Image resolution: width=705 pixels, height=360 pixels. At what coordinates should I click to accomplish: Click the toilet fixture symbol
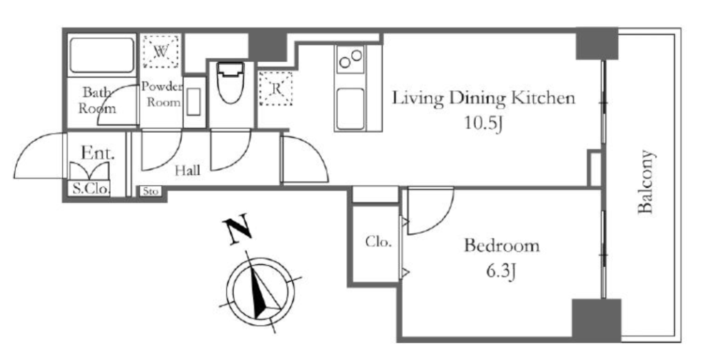pos(230,82)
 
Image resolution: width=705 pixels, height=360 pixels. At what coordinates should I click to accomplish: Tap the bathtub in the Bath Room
pos(102,55)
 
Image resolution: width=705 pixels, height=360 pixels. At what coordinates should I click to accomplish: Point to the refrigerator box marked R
pos(275,89)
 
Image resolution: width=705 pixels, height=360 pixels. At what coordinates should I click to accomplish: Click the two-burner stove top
pos(350,59)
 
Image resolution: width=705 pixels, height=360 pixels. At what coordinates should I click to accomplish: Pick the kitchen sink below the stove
pos(350,108)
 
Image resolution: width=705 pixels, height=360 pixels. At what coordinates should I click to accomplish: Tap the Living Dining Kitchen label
pos(483,98)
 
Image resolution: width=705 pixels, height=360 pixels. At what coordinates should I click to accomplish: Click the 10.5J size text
pos(483,124)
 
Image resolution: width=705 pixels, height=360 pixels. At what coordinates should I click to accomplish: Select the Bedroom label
pos(502,246)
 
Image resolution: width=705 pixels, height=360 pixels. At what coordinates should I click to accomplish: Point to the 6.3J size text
pos(501,271)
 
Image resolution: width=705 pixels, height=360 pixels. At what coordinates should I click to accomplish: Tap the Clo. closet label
pos(378,242)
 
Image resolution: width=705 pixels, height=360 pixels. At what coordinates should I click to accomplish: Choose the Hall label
pos(187,170)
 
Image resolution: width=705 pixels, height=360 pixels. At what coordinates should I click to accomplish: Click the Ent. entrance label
pos(98,153)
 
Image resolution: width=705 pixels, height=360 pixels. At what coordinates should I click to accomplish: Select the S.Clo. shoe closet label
pos(90,189)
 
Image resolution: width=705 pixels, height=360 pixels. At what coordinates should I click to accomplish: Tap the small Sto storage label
pos(151,191)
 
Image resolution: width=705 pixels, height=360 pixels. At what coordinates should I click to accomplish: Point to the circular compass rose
pos(261,291)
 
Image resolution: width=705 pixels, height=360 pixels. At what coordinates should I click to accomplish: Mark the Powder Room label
pos(162,94)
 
